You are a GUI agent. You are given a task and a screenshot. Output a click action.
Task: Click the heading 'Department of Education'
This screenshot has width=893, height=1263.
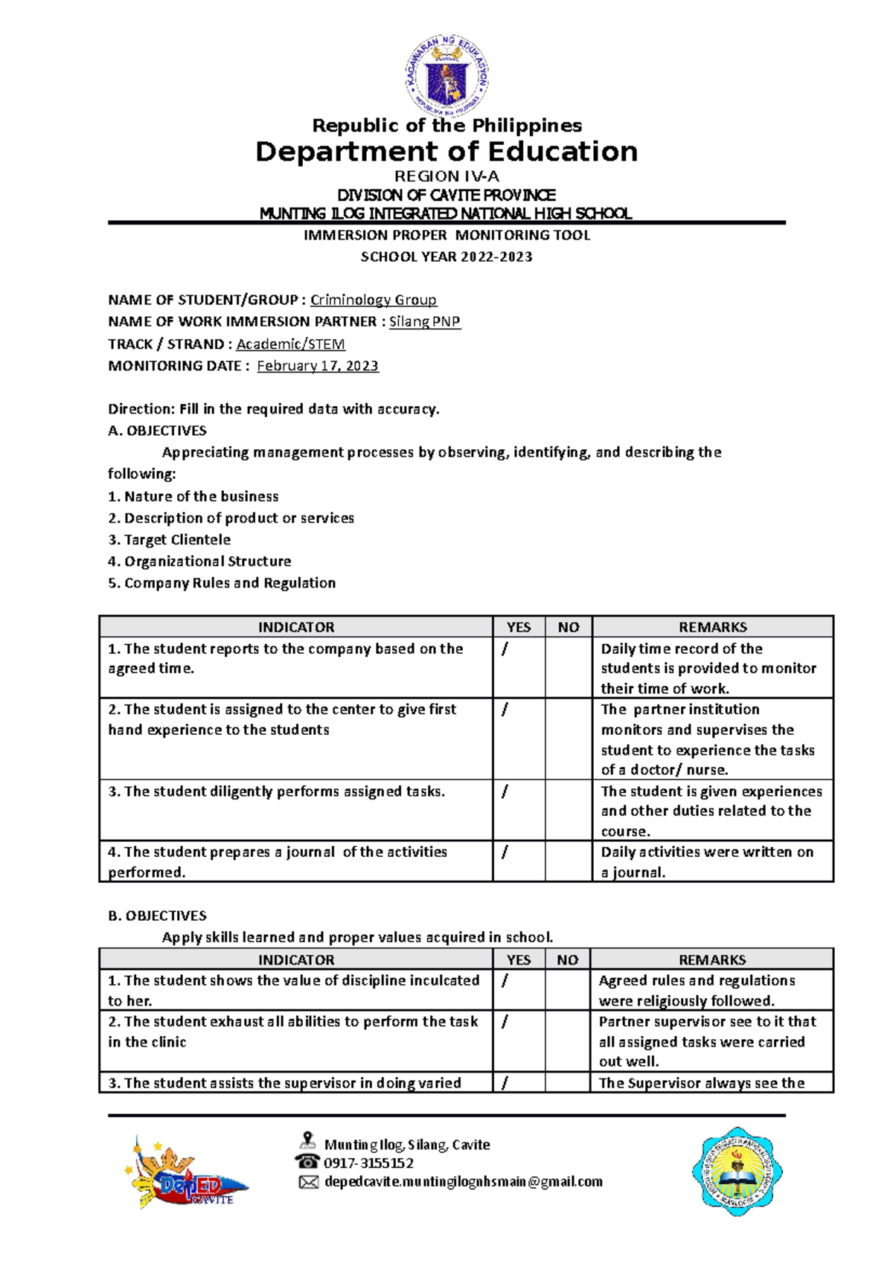[446, 152]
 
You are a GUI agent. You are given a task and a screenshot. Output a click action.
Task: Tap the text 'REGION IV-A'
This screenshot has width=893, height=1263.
[446, 176]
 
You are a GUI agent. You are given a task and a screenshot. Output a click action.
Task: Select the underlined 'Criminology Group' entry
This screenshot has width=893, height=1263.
[374, 300]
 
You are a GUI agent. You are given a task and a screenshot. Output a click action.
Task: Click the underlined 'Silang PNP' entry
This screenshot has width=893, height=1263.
[425, 321]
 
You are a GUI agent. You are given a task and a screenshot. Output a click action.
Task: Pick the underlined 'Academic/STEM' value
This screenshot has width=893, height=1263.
[290, 344]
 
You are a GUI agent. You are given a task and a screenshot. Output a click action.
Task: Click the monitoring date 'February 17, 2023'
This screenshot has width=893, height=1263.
[318, 366]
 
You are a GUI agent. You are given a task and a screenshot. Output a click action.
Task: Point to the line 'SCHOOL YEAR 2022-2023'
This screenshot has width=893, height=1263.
[446, 257]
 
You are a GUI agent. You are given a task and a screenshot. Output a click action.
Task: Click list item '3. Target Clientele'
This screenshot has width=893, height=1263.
[170, 539]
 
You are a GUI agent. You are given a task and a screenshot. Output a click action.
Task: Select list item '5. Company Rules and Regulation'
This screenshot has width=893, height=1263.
[222, 583]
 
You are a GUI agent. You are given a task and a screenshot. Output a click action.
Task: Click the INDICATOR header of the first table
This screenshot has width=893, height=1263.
[296, 627]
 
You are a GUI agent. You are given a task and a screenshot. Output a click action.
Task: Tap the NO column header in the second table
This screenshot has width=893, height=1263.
[568, 960]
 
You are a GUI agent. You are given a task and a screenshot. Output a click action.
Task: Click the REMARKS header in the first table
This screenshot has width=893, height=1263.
[712, 627]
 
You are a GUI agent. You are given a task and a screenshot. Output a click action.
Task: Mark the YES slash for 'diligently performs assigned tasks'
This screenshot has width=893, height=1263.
[505, 791]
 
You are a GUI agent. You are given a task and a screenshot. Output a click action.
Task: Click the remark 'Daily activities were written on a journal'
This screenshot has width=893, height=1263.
[707, 861]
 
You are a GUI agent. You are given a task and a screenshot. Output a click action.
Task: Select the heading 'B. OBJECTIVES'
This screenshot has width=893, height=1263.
[158, 916]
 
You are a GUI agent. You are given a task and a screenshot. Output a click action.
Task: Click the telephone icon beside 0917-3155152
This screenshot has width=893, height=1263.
[307, 1162]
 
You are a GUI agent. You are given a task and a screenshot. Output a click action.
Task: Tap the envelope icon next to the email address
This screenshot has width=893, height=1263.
[308, 1182]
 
